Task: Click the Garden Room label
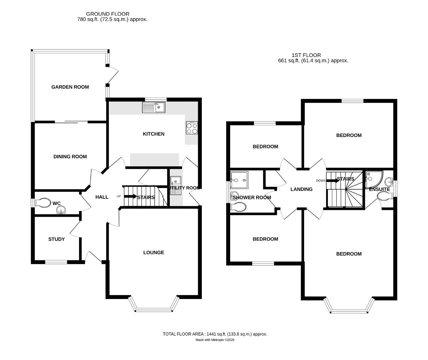(x=70, y=87)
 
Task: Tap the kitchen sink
(x=153, y=107)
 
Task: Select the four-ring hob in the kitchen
(x=192, y=128)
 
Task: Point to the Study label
(x=56, y=239)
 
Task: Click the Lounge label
(x=153, y=253)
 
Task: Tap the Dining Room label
(x=70, y=157)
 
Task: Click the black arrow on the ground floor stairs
(x=130, y=197)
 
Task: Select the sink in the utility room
(x=175, y=182)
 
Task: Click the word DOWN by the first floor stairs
(x=321, y=181)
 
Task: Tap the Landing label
(x=301, y=189)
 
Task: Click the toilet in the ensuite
(x=385, y=197)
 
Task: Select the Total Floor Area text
(x=215, y=334)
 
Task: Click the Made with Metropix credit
(x=215, y=340)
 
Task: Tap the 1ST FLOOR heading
(x=306, y=55)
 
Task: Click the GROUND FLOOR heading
(x=107, y=14)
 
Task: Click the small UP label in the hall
(x=118, y=196)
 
